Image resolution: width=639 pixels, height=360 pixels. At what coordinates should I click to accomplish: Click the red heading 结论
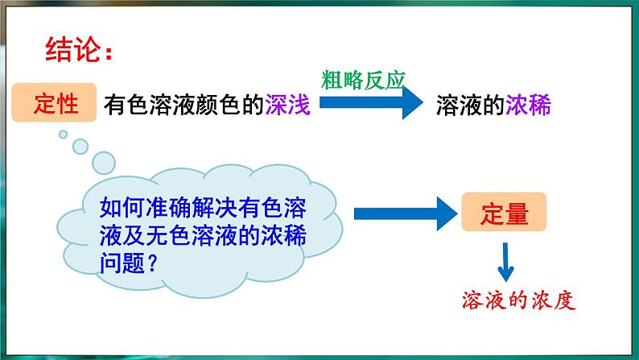pyautogui.click(x=73, y=49)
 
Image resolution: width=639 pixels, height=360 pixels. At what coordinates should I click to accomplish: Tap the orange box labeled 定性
pyautogui.click(x=54, y=102)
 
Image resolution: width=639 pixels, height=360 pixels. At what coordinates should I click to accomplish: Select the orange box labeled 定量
pyautogui.click(x=504, y=212)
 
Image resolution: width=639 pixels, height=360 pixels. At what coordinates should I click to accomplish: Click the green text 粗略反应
pyautogui.click(x=363, y=80)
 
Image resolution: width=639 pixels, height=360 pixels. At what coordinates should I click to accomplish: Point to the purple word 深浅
pyautogui.click(x=288, y=105)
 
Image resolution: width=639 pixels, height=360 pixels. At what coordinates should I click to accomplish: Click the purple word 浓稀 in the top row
pyautogui.click(x=528, y=105)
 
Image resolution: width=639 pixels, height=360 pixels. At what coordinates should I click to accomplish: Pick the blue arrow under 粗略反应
pyautogui.click(x=371, y=102)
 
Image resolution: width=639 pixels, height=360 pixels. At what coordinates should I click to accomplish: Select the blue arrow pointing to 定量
pyautogui.click(x=406, y=213)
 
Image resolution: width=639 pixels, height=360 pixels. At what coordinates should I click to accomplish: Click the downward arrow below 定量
pyautogui.click(x=505, y=263)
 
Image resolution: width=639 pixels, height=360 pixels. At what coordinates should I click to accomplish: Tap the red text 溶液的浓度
pyautogui.click(x=518, y=300)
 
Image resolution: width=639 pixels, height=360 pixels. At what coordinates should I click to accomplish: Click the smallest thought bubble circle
pyautogui.click(x=63, y=134)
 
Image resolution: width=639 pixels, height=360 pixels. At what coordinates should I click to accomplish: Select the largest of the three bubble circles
pyautogui.click(x=104, y=163)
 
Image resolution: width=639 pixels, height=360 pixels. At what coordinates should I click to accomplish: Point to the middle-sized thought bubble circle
pyautogui.click(x=80, y=147)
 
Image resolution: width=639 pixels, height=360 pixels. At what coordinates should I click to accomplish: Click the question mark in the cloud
pyautogui.click(x=151, y=263)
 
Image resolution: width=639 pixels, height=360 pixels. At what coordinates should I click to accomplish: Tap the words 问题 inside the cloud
pyautogui.click(x=122, y=263)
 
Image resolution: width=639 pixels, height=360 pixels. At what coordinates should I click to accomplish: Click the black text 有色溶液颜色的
pyautogui.click(x=183, y=105)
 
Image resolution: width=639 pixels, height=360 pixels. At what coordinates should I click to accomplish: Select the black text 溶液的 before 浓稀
pyautogui.click(x=470, y=105)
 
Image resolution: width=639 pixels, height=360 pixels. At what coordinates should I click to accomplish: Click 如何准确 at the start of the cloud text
pyautogui.click(x=145, y=207)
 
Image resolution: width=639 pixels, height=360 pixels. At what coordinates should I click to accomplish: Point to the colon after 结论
pyautogui.click(x=108, y=52)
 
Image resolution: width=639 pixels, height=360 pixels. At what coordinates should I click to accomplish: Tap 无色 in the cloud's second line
pyautogui.click(x=167, y=235)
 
